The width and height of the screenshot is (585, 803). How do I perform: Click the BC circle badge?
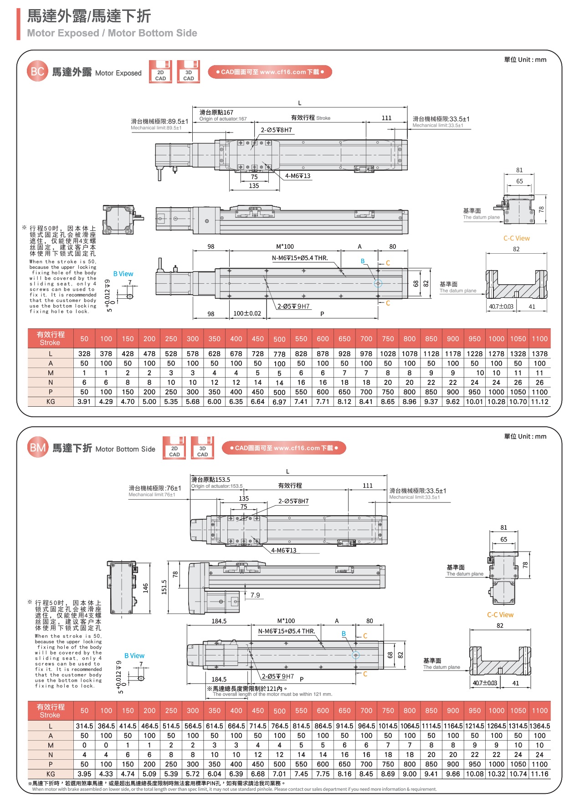click(37, 72)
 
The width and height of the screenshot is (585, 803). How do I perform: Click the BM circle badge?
click(37, 448)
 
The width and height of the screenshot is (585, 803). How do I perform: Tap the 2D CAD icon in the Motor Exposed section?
click(160, 72)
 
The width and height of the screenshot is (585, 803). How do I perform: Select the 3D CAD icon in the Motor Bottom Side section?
click(202, 448)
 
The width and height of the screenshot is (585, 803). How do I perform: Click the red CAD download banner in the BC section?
click(270, 72)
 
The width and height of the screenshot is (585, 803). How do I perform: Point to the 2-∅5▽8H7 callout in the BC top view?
click(276, 130)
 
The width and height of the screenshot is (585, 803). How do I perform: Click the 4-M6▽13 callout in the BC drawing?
click(298, 176)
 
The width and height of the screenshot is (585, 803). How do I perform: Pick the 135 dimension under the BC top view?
click(254, 186)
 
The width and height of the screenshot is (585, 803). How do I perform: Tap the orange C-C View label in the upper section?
click(516, 238)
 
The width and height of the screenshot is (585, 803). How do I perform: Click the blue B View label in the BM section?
click(134, 656)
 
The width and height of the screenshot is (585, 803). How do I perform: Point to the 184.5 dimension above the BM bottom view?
click(219, 621)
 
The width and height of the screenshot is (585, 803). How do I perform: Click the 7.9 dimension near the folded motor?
click(255, 595)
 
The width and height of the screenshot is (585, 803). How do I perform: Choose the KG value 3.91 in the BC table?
click(84, 402)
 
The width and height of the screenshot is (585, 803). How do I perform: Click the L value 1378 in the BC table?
click(539, 354)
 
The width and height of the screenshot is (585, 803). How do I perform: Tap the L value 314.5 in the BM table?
click(84, 726)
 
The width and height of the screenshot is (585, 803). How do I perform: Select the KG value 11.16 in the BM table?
click(539, 774)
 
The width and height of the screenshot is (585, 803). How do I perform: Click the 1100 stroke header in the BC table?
click(539, 339)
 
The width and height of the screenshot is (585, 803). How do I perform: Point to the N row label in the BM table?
click(51, 755)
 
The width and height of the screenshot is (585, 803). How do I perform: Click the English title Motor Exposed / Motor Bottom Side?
click(112, 33)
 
